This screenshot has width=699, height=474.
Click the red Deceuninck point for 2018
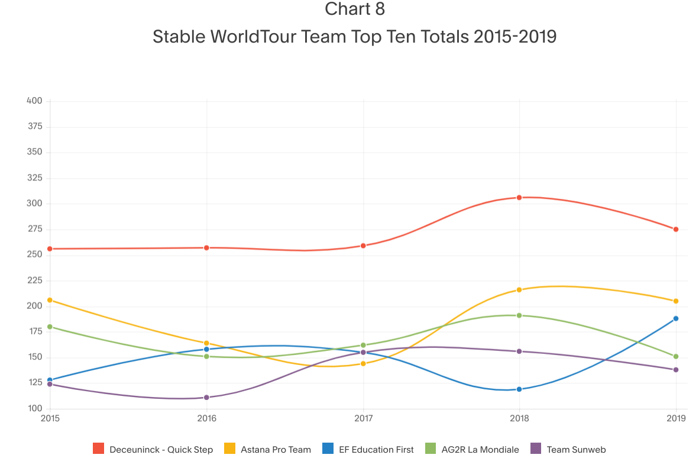(x=519, y=198)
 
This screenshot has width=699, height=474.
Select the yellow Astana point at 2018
(x=519, y=290)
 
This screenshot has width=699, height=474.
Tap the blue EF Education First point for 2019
(x=676, y=318)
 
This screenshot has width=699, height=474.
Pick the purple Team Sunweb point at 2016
(x=206, y=398)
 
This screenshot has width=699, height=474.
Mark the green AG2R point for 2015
(x=50, y=327)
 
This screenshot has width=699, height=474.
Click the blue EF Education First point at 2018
(x=519, y=389)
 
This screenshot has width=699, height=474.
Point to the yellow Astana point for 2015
(x=50, y=300)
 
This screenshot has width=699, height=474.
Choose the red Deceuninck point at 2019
(x=676, y=229)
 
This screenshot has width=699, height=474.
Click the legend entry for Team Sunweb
(x=576, y=450)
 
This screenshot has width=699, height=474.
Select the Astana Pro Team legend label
(x=276, y=450)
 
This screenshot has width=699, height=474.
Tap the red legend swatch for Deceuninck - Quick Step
(x=99, y=449)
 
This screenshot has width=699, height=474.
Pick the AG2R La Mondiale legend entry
(x=480, y=450)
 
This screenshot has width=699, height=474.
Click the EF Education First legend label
(x=376, y=450)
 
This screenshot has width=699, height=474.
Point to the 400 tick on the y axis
(x=34, y=101)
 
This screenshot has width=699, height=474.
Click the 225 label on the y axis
(x=34, y=280)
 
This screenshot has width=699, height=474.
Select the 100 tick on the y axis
(x=34, y=409)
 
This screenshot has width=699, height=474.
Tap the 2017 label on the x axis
(x=363, y=419)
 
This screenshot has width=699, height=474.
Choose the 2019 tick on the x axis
(x=676, y=419)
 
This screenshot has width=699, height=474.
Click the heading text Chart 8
(x=355, y=9)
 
